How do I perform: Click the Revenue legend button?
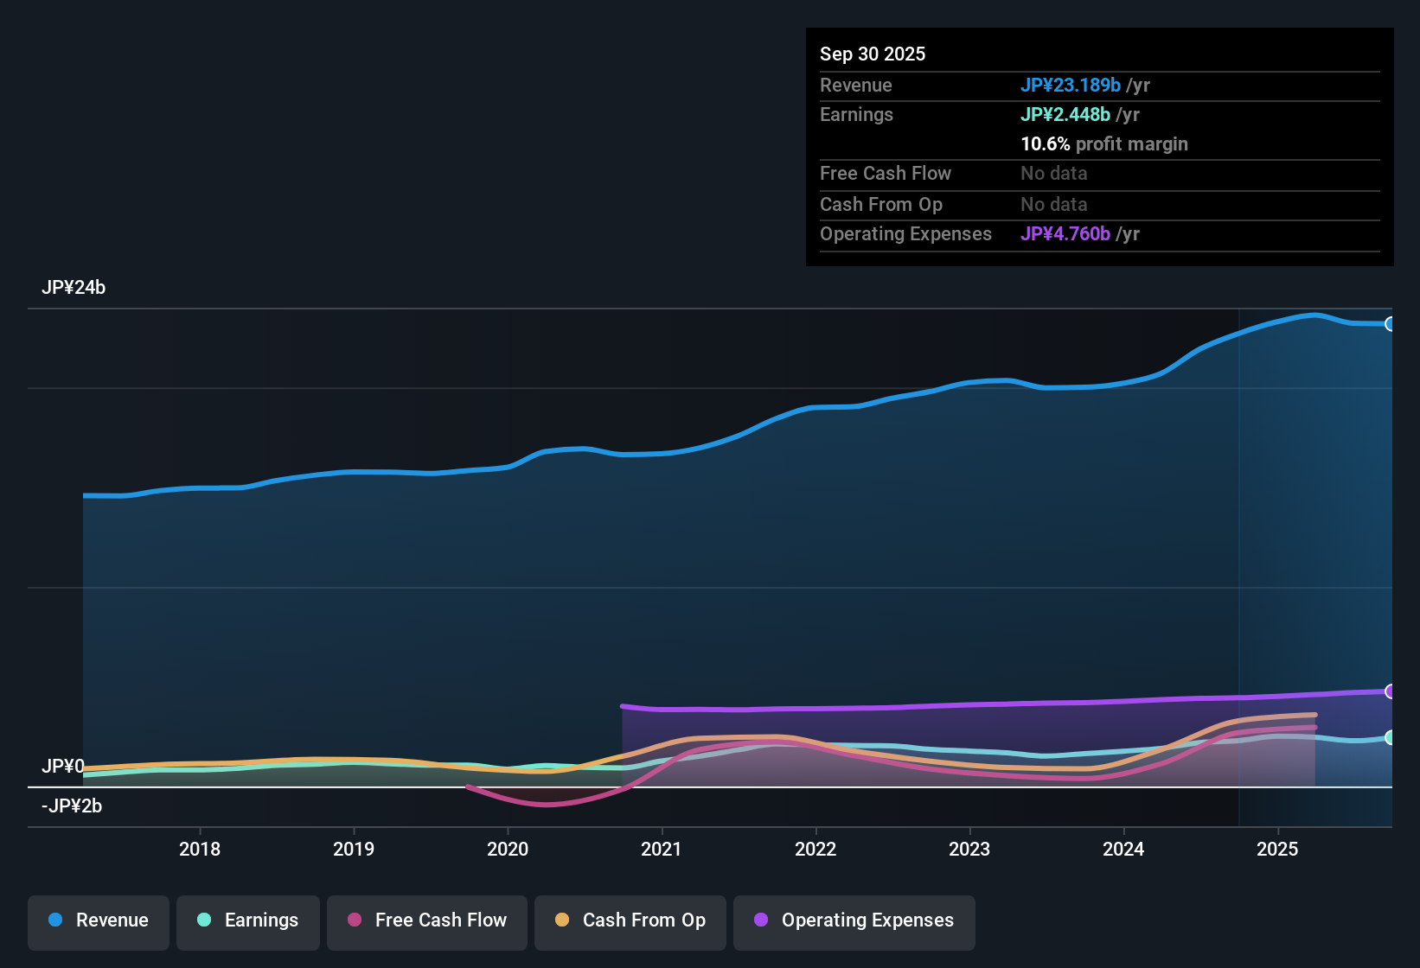pos(99,920)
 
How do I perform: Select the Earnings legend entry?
pos(248,920)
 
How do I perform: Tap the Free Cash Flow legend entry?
pos(427,920)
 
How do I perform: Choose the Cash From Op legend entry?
pos(630,920)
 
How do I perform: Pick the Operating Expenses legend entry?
pos(854,920)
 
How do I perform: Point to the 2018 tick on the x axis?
pos(200,849)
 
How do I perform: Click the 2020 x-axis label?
pos(508,849)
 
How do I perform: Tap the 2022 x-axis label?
pos(816,849)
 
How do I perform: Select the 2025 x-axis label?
pos(1277,849)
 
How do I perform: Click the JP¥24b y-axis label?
pos(74,288)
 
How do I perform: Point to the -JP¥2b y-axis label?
pos(72,806)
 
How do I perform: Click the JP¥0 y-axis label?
pos(63,767)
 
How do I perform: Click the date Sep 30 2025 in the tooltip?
pos(872,54)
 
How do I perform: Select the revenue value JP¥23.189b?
pos(1071,85)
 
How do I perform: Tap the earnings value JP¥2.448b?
pos(1065,114)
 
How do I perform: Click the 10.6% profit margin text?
pos(1104,143)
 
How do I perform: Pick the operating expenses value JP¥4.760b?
pos(1065,233)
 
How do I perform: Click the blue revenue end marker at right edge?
pos(1390,324)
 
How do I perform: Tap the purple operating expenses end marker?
pos(1390,691)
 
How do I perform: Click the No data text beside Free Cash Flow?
pos(1053,173)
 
